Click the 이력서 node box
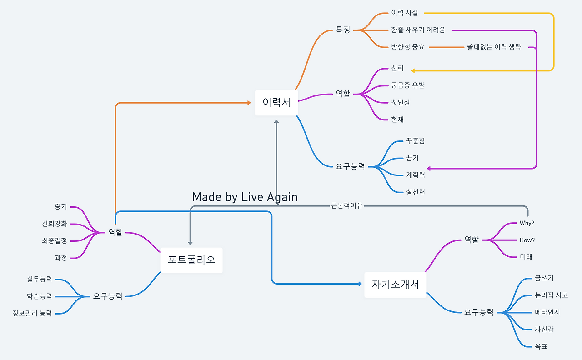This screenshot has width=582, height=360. (276, 103)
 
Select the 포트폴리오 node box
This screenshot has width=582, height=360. (191, 260)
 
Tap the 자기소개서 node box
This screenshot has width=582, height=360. (395, 285)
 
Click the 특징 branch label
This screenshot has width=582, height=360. (343, 30)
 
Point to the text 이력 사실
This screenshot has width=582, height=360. (404, 13)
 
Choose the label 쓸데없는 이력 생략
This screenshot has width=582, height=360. (494, 47)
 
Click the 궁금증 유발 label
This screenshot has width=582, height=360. (407, 85)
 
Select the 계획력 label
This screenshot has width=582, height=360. (415, 175)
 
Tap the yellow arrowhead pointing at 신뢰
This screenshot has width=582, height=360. (414, 70)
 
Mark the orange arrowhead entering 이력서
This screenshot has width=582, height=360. (248, 103)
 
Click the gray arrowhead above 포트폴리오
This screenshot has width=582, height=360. (190, 243)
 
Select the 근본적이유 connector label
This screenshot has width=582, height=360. (347, 205)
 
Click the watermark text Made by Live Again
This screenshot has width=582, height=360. (245, 197)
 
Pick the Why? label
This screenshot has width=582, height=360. (527, 223)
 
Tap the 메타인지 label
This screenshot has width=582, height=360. (547, 312)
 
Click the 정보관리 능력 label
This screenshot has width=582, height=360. (32, 313)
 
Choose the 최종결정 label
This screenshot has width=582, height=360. (54, 241)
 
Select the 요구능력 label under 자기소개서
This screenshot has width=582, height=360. (478, 313)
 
